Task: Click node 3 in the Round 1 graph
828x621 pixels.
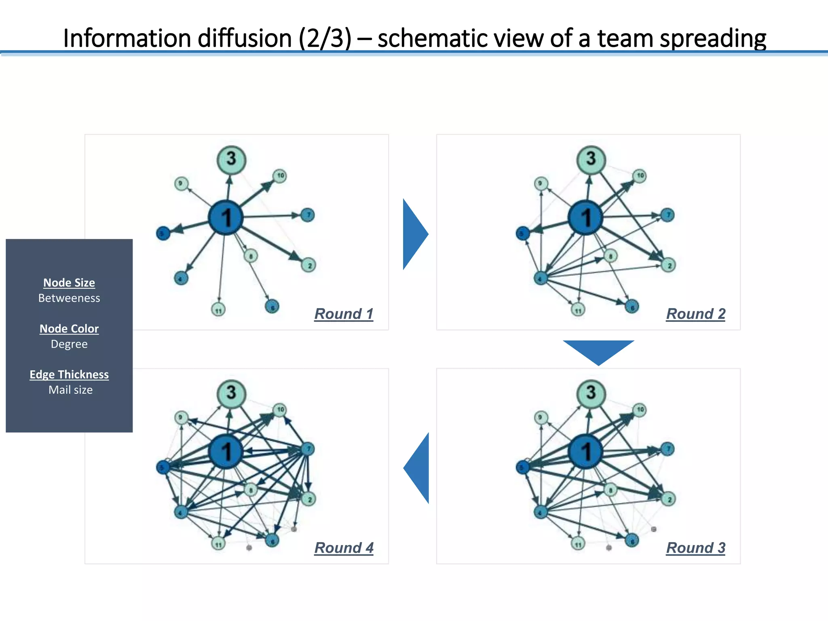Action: tap(231, 159)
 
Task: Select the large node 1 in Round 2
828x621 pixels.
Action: tap(585, 217)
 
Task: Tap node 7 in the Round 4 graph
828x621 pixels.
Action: tap(308, 449)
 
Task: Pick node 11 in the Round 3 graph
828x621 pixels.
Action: tap(578, 544)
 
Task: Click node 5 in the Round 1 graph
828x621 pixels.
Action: tap(163, 233)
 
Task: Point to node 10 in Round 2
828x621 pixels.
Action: tap(640, 175)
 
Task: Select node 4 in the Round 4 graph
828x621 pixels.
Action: tap(181, 512)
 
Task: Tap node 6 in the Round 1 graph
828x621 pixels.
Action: tap(272, 307)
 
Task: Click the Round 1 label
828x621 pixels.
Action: tap(344, 314)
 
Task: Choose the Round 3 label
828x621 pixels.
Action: tap(695, 548)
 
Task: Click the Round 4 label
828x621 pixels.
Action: tap(344, 548)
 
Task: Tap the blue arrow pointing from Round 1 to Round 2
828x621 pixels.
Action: tap(414, 234)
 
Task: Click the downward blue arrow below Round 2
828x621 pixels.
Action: tap(598, 351)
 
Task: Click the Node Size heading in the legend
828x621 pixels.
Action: tap(69, 283)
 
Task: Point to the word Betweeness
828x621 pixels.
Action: tap(69, 298)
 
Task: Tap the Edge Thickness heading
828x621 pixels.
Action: tap(69, 374)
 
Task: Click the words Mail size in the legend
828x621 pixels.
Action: tap(70, 390)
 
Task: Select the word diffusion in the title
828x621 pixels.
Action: tap(245, 38)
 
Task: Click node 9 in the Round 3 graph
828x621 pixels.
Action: tap(541, 417)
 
